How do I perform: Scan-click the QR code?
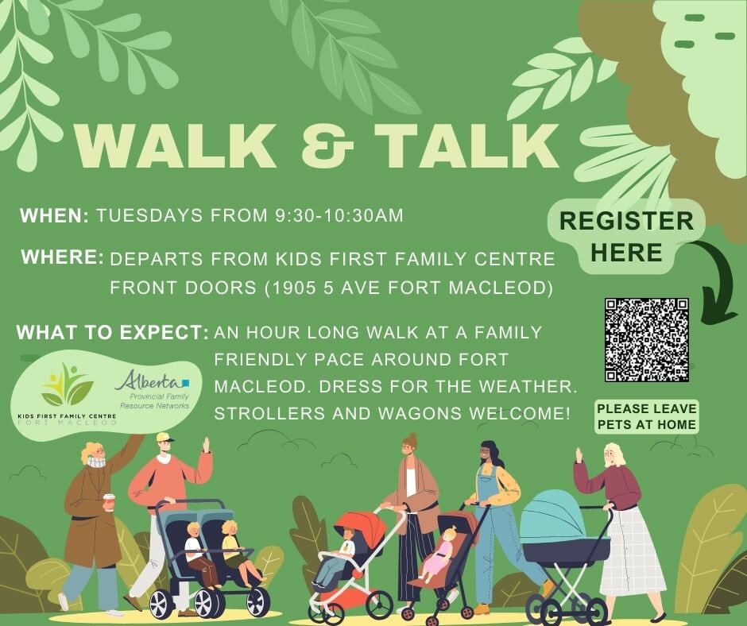(647, 340)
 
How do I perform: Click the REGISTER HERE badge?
(626, 236)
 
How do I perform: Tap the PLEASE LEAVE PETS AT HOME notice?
(647, 417)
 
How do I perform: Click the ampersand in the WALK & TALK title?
(328, 145)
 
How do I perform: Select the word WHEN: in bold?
(54, 216)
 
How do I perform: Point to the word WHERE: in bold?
(63, 257)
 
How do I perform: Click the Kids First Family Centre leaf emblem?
(67, 384)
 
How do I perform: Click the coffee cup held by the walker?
(109, 501)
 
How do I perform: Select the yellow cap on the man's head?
(164, 438)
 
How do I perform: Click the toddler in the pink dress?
(440, 553)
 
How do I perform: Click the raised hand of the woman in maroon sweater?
(579, 455)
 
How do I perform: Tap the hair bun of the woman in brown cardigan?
(412, 437)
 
